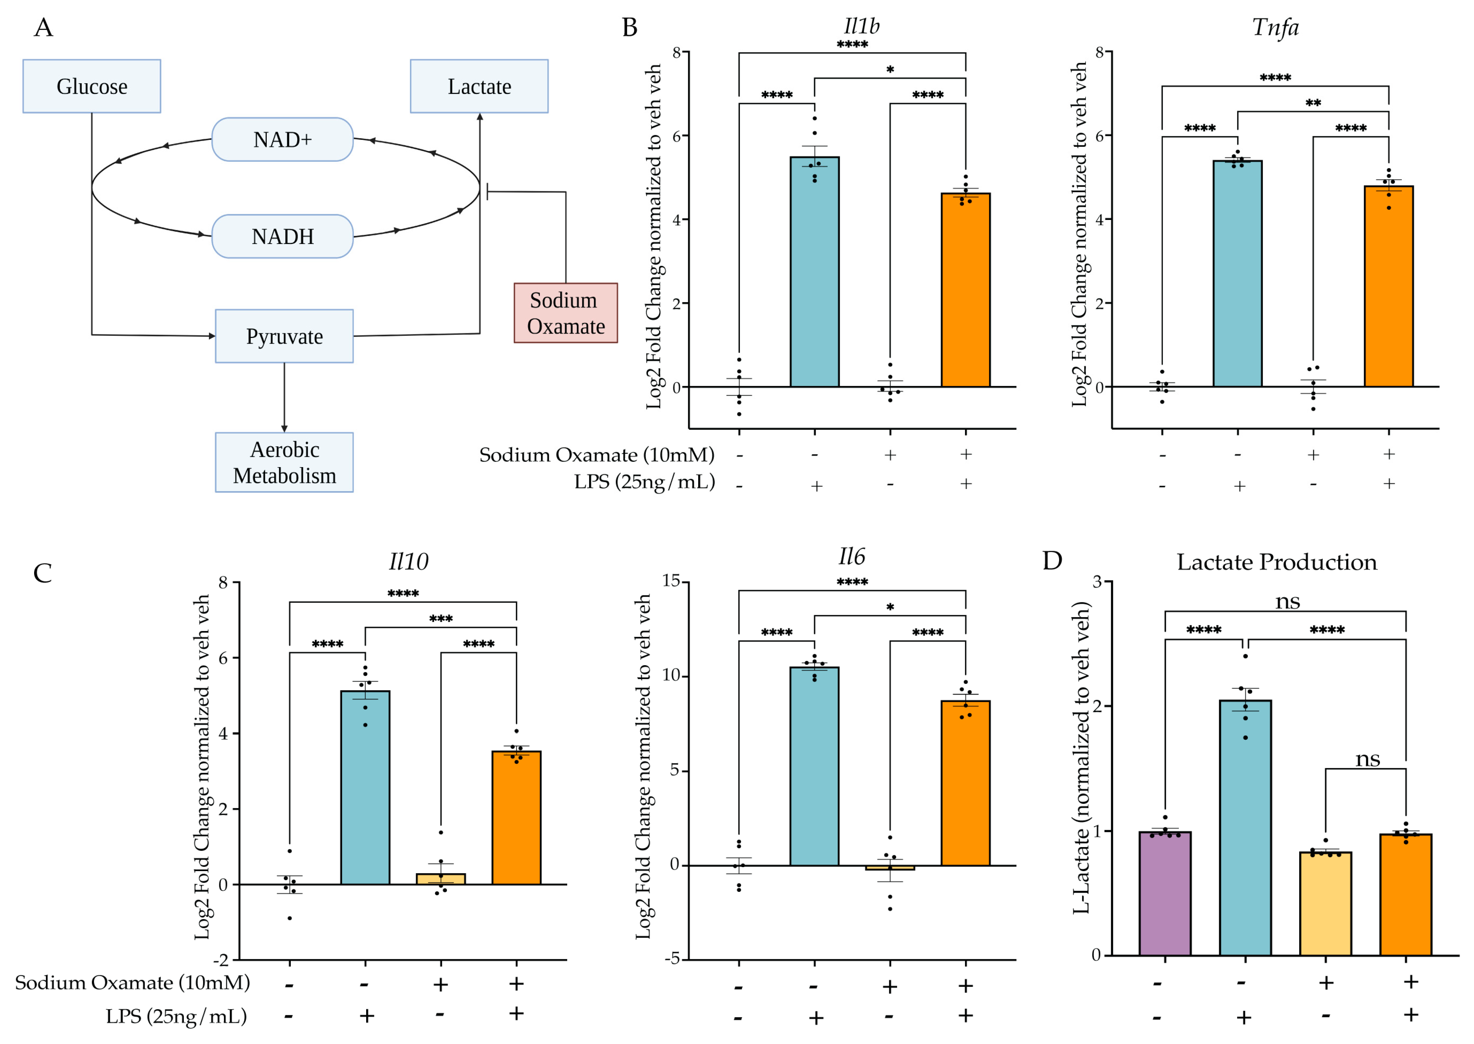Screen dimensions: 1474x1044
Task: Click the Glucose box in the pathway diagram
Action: point(92,86)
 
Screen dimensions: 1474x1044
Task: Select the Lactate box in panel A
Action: point(479,86)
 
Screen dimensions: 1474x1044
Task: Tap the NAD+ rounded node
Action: point(282,140)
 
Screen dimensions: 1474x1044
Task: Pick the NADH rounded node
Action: point(282,236)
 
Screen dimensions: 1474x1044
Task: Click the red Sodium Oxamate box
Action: point(566,313)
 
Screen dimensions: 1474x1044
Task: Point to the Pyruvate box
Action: point(284,336)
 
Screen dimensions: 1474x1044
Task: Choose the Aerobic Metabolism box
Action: point(284,462)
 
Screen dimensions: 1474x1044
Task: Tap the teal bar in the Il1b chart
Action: point(815,272)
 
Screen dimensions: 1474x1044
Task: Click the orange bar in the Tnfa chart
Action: point(1389,287)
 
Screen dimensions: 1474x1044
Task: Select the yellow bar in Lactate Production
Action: point(1325,904)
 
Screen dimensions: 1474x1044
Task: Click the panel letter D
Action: point(1052,561)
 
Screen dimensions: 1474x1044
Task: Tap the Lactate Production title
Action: point(1277,562)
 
